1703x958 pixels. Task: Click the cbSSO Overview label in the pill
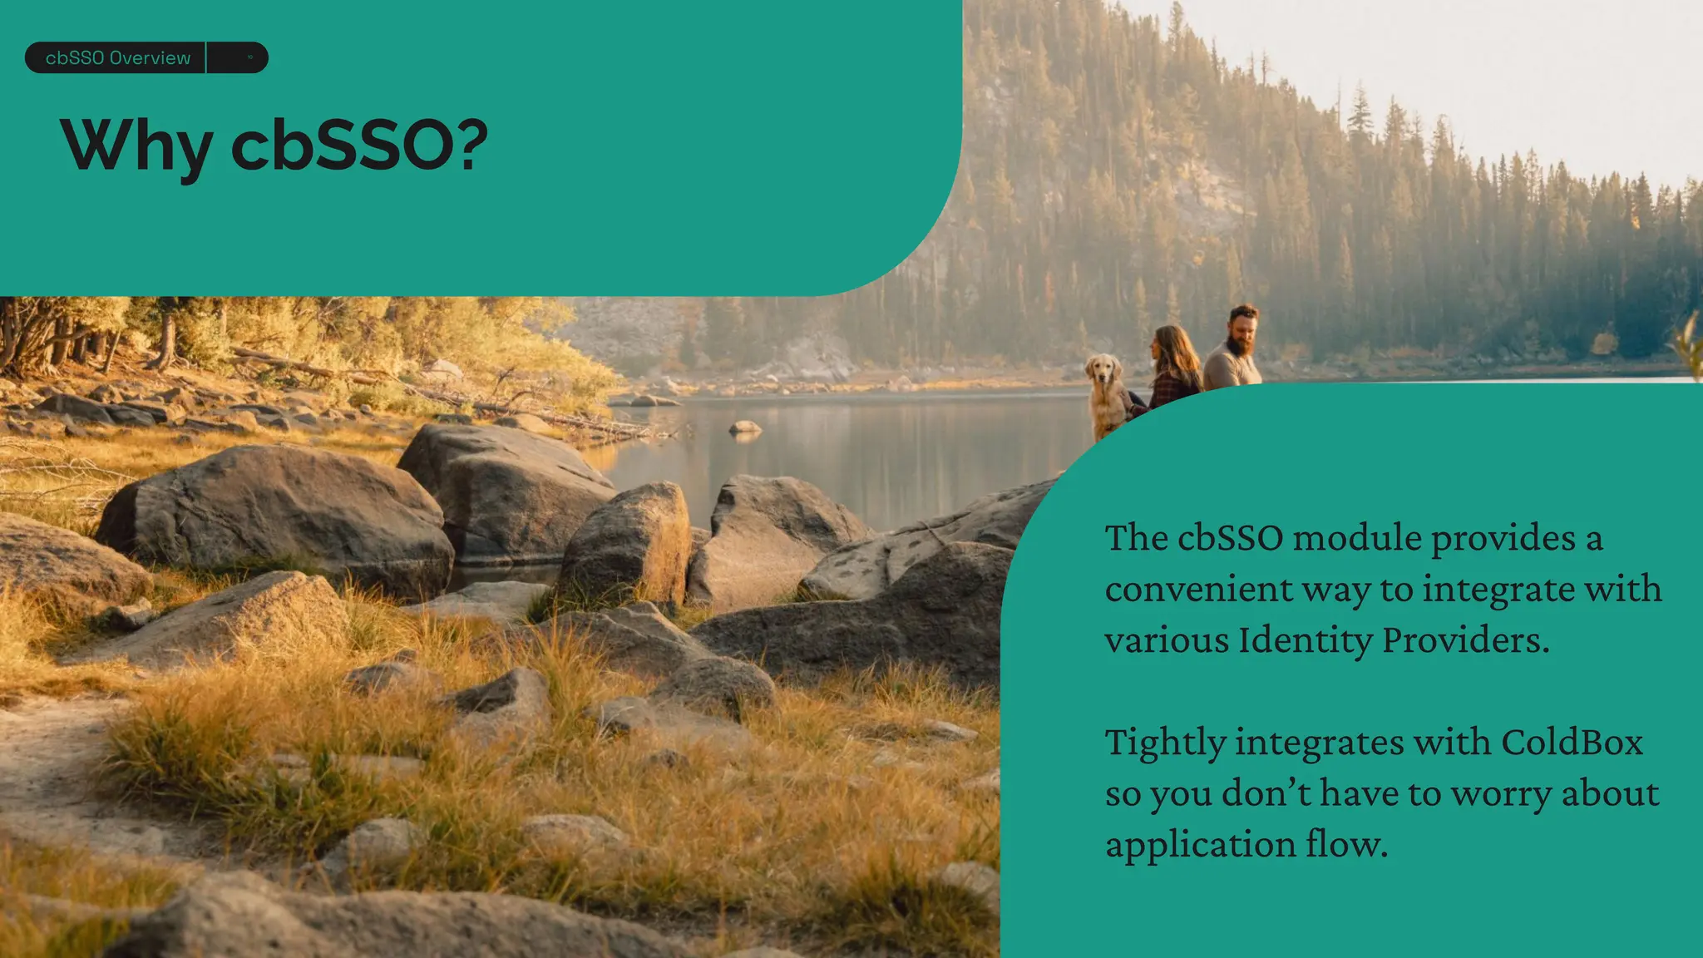coord(118,58)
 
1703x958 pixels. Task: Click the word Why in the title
coord(136,146)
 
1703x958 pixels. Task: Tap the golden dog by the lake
coord(1105,395)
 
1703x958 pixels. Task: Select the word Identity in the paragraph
coord(1305,640)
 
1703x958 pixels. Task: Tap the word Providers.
coord(1465,640)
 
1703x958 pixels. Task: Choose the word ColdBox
coord(1572,743)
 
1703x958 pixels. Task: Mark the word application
coord(1200,845)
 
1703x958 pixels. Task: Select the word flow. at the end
coord(1346,845)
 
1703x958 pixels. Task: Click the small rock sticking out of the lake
coord(744,427)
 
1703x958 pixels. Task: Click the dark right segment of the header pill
coord(238,58)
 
